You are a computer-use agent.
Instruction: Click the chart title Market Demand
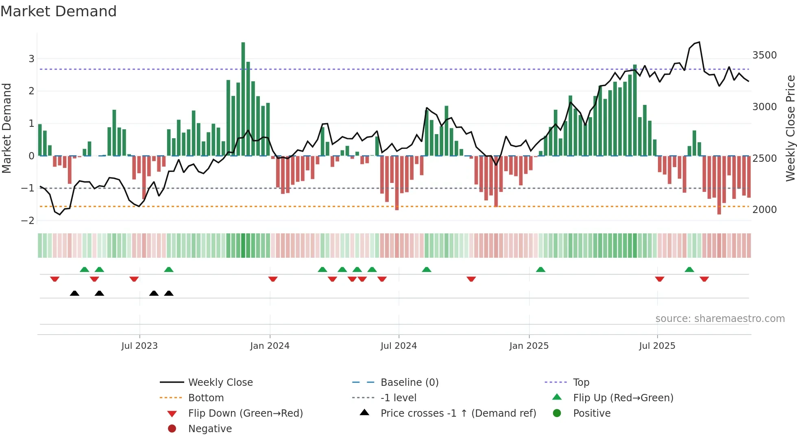(x=59, y=11)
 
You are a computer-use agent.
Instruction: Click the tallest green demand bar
(x=243, y=98)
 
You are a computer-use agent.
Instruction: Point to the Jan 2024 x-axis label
(x=270, y=346)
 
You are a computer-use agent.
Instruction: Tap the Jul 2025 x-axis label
(x=657, y=346)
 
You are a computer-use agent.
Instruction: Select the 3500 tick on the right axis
(x=764, y=55)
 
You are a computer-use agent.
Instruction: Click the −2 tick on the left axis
(x=28, y=221)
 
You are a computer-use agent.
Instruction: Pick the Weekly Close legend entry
(x=220, y=383)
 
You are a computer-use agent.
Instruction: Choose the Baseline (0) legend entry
(x=409, y=383)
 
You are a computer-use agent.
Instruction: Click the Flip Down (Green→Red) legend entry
(x=245, y=413)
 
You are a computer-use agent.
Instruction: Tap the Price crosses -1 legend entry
(x=458, y=413)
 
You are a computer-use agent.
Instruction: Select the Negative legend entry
(x=210, y=429)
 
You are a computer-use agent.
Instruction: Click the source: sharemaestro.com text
(x=720, y=319)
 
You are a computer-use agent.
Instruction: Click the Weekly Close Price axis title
(x=790, y=128)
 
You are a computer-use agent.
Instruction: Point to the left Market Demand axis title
(x=7, y=128)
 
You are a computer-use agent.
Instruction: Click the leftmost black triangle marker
(x=74, y=293)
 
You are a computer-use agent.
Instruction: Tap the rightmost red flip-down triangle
(x=704, y=279)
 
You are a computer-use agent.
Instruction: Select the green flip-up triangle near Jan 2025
(x=540, y=270)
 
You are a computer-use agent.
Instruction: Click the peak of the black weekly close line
(x=699, y=42)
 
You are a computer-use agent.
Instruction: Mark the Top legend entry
(x=581, y=383)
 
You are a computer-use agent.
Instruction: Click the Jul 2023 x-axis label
(x=139, y=346)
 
